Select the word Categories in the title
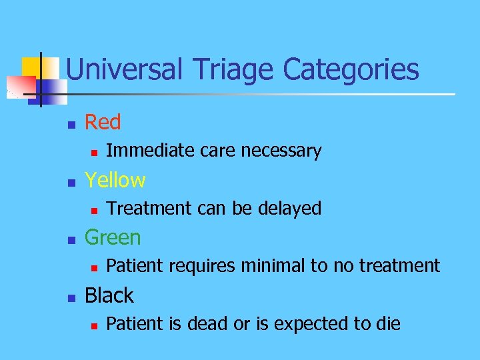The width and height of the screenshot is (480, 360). [351, 69]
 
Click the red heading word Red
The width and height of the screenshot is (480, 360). [103, 122]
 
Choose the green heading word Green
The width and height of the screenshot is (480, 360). [113, 237]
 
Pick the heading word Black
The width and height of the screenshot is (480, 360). [109, 295]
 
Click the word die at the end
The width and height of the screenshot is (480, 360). [388, 324]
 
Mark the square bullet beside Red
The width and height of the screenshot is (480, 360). [69, 123]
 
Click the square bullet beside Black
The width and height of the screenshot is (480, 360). [69, 297]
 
